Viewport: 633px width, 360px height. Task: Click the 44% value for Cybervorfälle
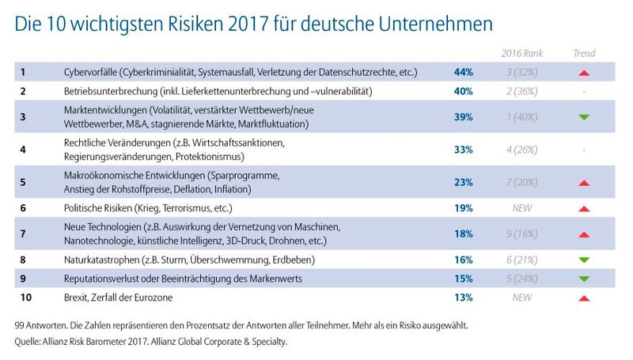463,73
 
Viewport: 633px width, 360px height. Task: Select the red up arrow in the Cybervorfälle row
584,73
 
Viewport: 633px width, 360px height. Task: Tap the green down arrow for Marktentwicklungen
584,117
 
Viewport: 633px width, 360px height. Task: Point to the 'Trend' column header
584,54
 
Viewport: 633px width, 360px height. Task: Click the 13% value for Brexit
463,297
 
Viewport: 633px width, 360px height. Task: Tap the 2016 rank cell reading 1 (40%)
521,117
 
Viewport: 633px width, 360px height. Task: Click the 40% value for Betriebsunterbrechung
463,92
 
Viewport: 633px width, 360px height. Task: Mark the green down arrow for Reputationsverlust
584,279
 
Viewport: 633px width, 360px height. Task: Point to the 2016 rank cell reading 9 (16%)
521,234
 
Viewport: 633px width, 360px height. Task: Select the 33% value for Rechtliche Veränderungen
463,149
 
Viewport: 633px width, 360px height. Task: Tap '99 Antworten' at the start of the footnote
47,325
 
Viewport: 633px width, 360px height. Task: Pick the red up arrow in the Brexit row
584,297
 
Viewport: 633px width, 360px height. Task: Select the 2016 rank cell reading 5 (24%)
521,279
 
